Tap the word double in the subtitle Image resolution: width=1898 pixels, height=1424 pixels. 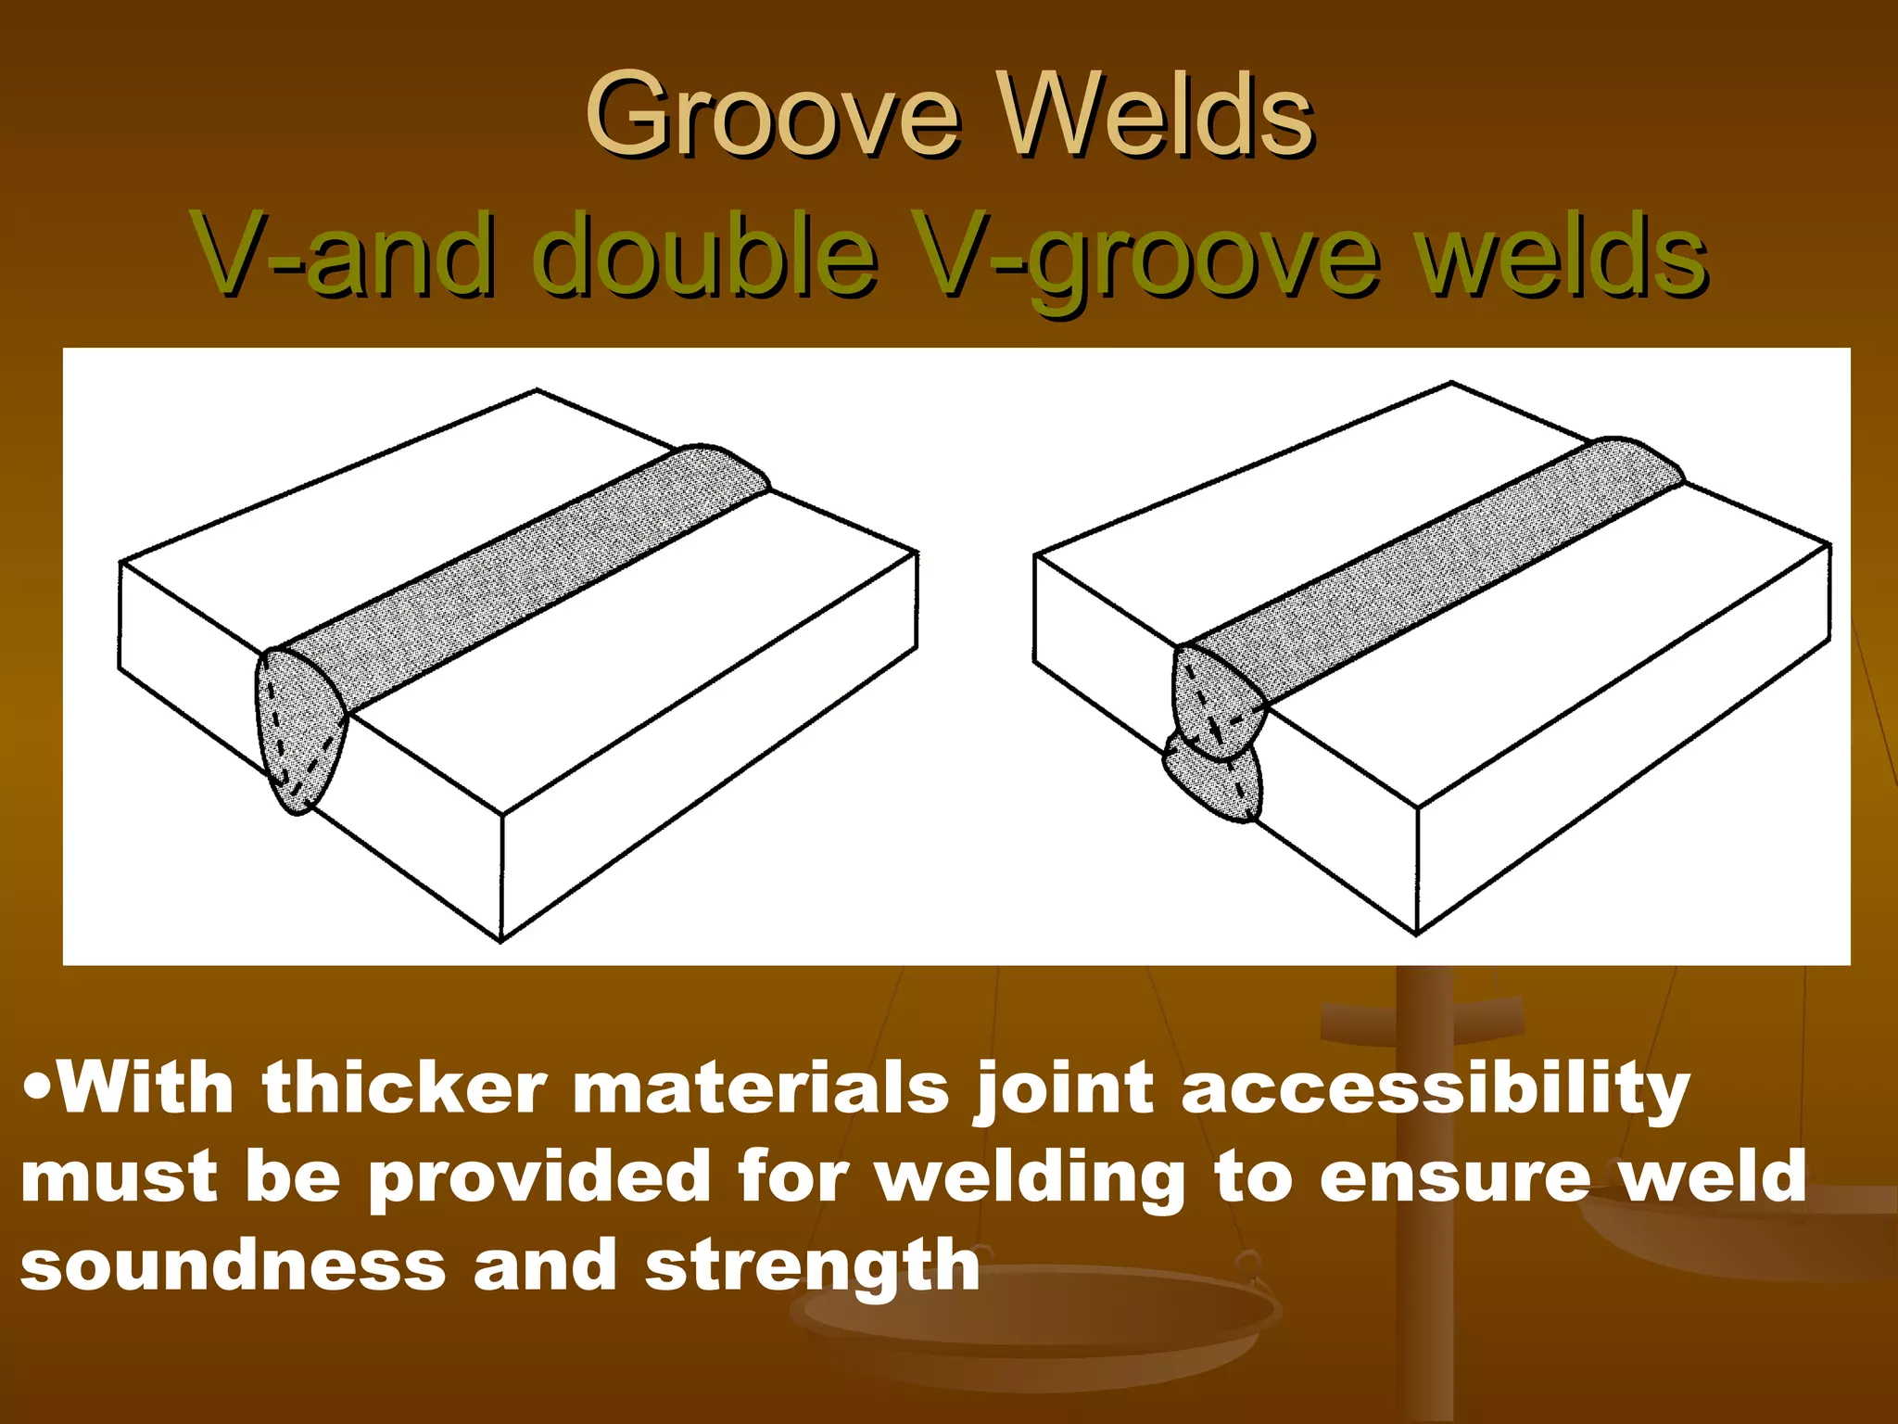(x=704, y=254)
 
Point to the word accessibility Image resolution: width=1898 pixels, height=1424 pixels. (x=1436, y=1089)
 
